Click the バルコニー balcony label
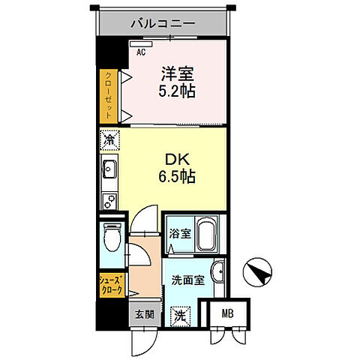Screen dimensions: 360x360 point(163,23)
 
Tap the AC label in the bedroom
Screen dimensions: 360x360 point(140,52)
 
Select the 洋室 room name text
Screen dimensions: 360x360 point(176,75)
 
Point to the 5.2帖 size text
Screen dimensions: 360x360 point(178,92)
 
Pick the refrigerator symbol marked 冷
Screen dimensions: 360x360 point(109,139)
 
